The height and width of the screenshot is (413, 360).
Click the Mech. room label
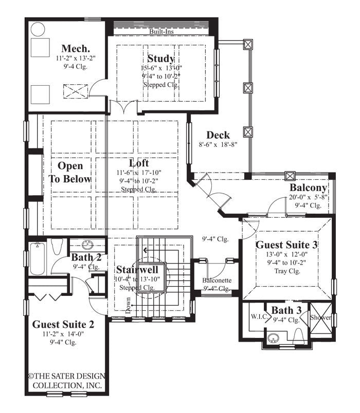click(73, 48)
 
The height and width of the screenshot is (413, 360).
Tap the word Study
click(160, 58)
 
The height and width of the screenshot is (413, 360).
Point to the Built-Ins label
click(161, 32)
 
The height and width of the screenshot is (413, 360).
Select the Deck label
click(218, 136)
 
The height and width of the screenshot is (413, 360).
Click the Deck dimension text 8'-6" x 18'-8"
click(218, 145)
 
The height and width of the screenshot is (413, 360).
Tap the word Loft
click(139, 163)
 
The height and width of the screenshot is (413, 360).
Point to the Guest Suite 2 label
click(63, 324)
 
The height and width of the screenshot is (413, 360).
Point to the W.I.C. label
click(258, 317)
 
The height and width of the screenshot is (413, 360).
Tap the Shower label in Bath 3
click(321, 317)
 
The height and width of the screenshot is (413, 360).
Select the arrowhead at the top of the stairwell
click(146, 251)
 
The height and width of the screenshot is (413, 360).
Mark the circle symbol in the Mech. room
click(38, 29)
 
